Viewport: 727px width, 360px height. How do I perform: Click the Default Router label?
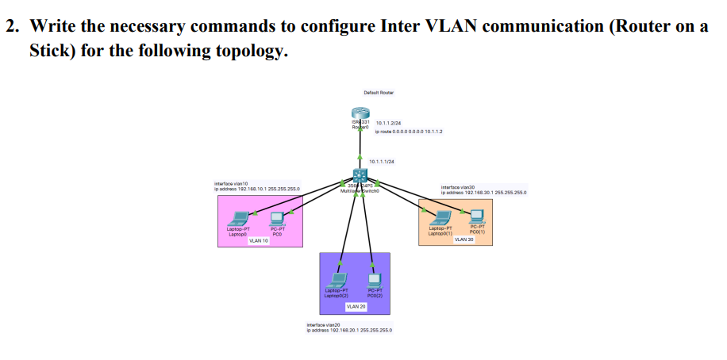coord(379,93)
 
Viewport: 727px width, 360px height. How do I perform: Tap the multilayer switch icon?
coord(362,176)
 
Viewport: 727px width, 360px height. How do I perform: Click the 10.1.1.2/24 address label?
coord(389,124)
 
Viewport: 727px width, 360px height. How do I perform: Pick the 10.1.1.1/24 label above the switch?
coord(382,161)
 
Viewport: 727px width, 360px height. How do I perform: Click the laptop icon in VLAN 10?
coord(238,217)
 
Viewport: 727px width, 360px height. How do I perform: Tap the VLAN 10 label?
coord(259,241)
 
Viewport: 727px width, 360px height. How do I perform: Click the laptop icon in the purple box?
coord(337,279)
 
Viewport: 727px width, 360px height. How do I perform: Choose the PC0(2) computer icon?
coord(375,279)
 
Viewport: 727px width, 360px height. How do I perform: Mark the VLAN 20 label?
coord(356,306)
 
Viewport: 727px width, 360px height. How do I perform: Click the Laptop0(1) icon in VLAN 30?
coord(439,216)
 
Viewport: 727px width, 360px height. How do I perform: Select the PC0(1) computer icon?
coord(476,215)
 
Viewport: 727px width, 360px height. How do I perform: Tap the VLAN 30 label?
coord(464,238)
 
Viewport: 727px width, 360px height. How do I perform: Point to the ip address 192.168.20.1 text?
coord(349,330)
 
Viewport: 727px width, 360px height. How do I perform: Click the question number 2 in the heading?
coord(11,25)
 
